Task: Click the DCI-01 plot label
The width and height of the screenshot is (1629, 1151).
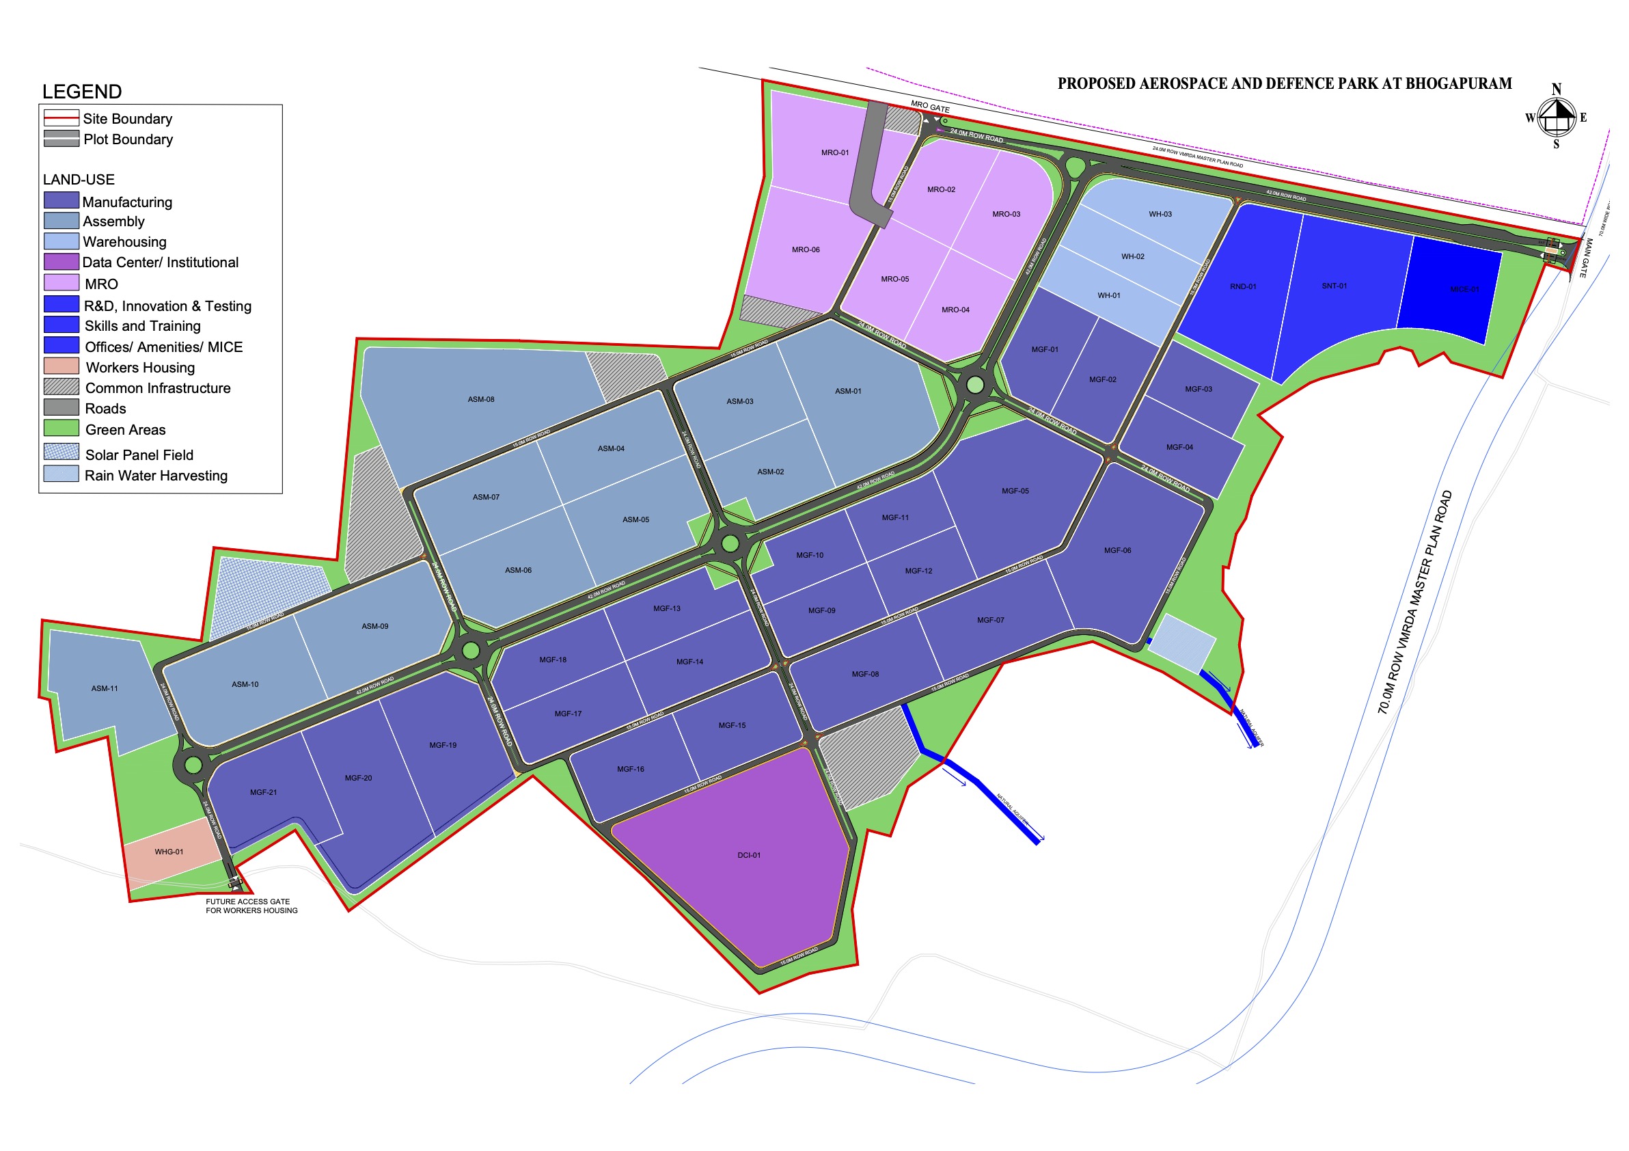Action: click(748, 855)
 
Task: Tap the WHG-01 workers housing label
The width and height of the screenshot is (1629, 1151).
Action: click(169, 852)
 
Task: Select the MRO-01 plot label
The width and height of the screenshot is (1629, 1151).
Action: click(835, 152)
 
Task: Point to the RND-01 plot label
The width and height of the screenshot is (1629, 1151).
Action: click(1243, 286)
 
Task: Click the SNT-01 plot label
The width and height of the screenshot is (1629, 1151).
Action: click(1334, 286)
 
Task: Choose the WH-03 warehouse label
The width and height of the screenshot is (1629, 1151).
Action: click(1161, 215)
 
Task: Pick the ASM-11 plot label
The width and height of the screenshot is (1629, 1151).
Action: click(105, 688)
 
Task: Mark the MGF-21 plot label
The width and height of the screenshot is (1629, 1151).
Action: click(263, 792)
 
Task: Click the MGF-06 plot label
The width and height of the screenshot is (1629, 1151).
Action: click(1117, 550)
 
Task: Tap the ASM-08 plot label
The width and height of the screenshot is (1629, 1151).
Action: click(481, 400)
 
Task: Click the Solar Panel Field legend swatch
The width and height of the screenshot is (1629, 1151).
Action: click(61, 452)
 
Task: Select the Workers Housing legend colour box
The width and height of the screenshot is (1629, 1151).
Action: click(61, 366)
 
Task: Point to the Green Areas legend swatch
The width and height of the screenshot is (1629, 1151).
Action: click(61, 428)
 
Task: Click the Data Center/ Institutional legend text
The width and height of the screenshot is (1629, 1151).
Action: click(161, 262)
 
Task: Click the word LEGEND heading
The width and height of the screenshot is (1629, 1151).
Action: click(81, 92)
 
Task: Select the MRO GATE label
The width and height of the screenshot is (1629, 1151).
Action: click(930, 107)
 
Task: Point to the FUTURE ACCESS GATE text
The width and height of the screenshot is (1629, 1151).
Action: click(247, 902)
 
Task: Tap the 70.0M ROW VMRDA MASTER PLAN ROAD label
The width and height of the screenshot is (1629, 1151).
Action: click(1415, 601)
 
